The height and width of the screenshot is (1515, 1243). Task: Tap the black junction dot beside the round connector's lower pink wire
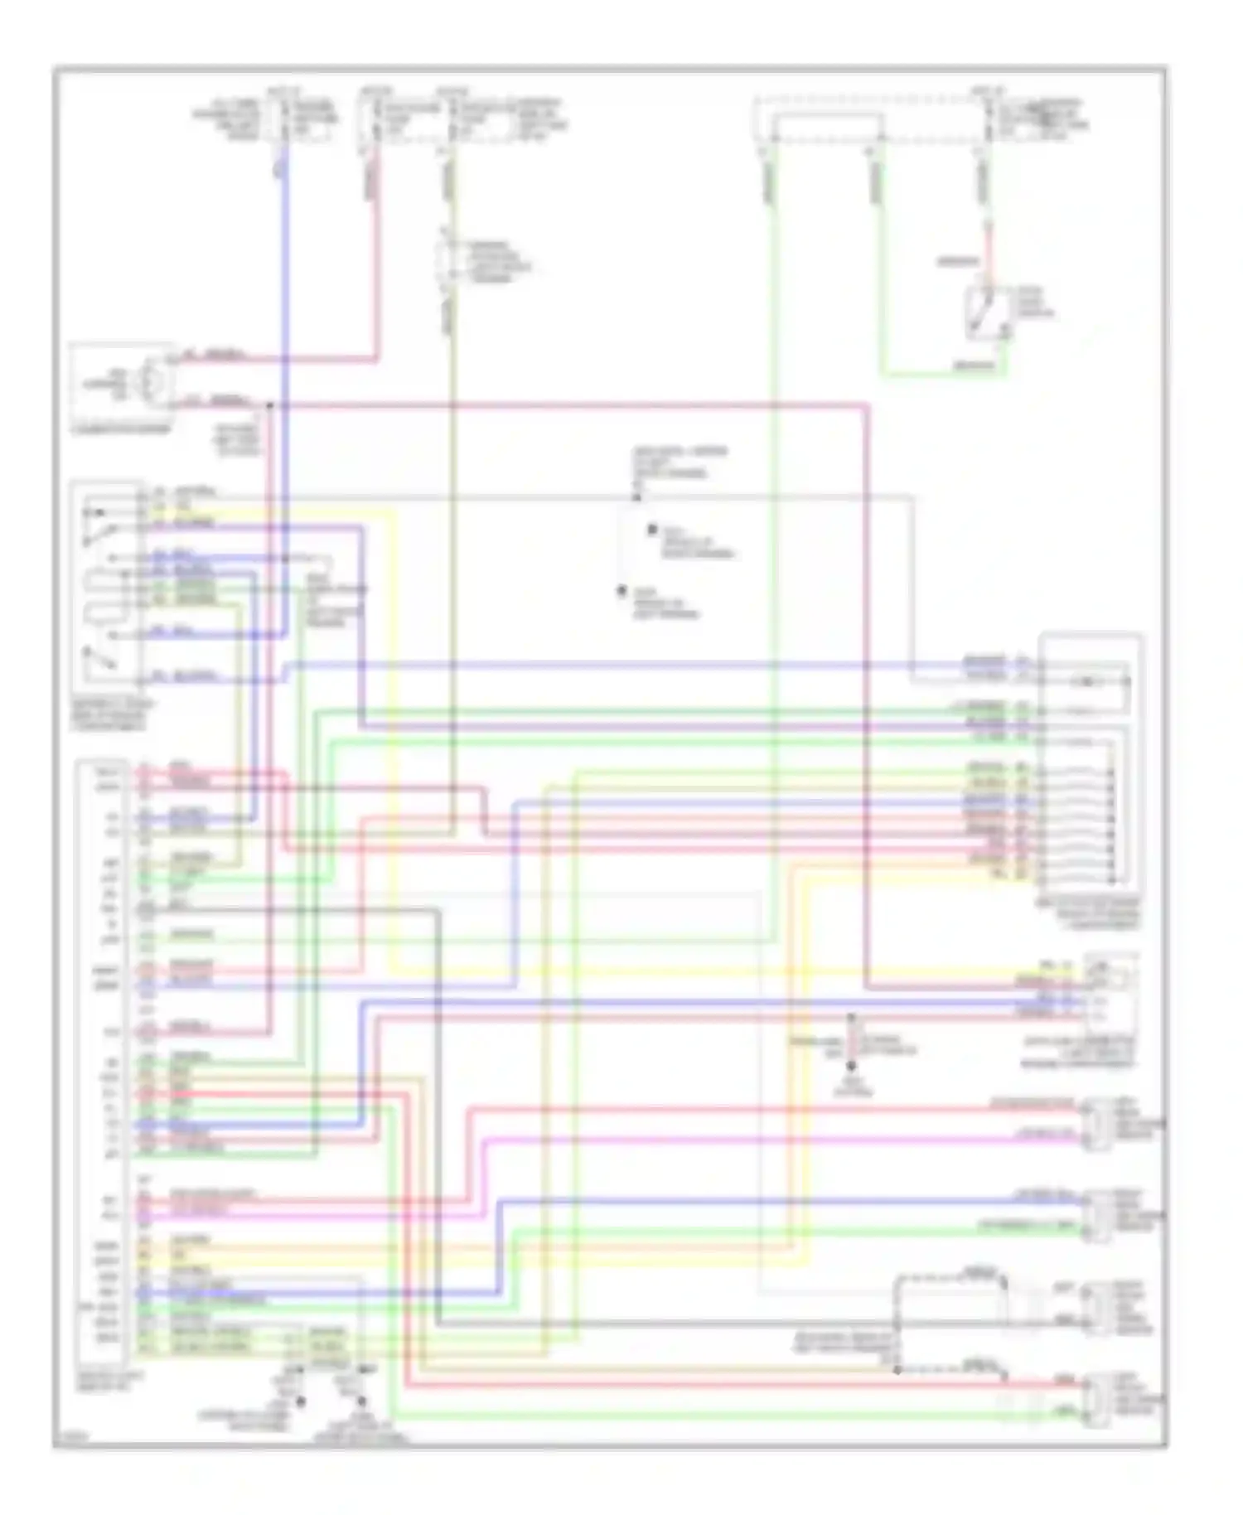pyautogui.click(x=269, y=405)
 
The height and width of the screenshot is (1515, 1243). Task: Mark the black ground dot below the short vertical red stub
pyautogui.click(x=851, y=1066)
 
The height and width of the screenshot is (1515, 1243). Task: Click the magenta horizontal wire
pyautogui.click(x=746, y=1140)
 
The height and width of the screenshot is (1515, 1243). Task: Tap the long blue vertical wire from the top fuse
pyautogui.click(x=286, y=332)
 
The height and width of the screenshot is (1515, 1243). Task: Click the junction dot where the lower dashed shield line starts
pyautogui.click(x=897, y=1370)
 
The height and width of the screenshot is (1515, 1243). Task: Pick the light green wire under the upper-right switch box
pyautogui.click(x=945, y=374)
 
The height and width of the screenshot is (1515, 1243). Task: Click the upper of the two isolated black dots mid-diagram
pyautogui.click(x=652, y=529)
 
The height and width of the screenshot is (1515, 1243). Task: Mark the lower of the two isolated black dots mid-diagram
pyautogui.click(x=621, y=591)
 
